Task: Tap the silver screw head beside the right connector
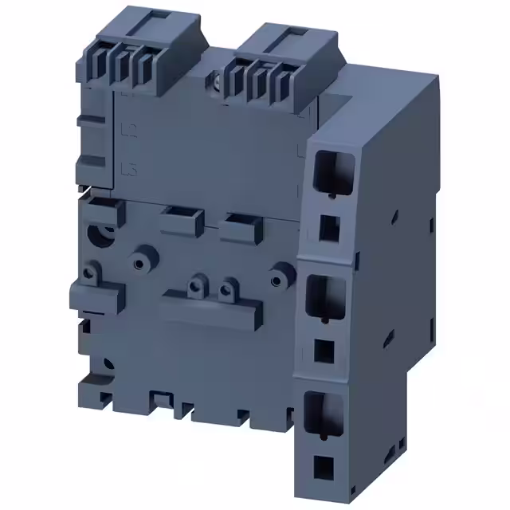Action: tap(218, 80)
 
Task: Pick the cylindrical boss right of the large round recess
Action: tap(142, 262)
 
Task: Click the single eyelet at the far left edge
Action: tap(89, 273)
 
